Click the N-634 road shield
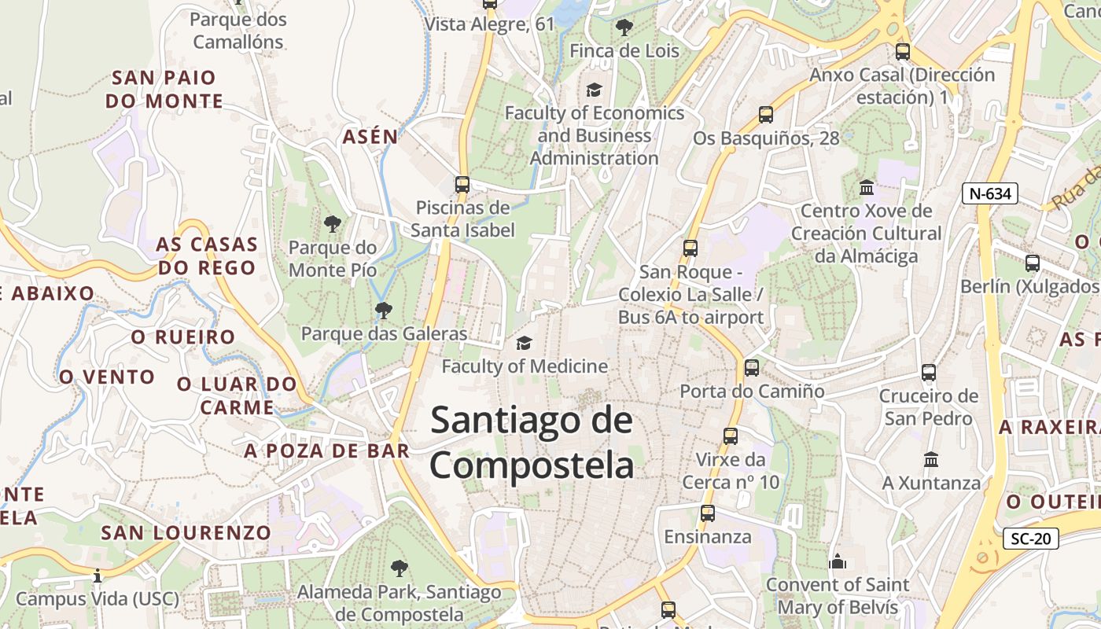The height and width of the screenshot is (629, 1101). pyautogui.click(x=990, y=193)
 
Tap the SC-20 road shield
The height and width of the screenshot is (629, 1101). pyautogui.click(x=1031, y=539)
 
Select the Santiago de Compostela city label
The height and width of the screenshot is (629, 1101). pyautogui.click(x=532, y=443)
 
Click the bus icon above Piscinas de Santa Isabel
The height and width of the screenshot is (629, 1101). pyautogui.click(x=462, y=185)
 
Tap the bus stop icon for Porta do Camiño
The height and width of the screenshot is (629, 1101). pyautogui.click(x=751, y=367)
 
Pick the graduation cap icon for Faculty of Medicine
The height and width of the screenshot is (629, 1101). pyautogui.click(x=524, y=343)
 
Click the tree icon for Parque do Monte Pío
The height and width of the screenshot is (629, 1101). pyautogui.click(x=333, y=224)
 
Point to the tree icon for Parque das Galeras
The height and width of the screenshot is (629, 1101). pyautogui.click(x=383, y=311)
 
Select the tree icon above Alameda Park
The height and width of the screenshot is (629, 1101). pyautogui.click(x=400, y=568)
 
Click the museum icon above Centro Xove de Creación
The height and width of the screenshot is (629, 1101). pyautogui.click(x=867, y=187)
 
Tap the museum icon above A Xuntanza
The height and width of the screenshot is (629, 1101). pyautogui.click(x=931, y=459)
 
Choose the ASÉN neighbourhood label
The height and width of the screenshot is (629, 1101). pyautogui.click(x=370, y=136)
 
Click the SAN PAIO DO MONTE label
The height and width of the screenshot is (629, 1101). pyautogui.click(x=164, y=90)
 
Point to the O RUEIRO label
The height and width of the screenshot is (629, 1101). pyautogui.click(x=183, y=337)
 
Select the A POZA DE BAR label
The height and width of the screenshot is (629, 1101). pyautogui.click(x=326, y=451)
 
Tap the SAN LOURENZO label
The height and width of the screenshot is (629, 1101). pyautogui.click(x=186, y=532)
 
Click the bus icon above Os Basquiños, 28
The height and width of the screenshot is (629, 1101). pyautogui.click(x=766, y=115)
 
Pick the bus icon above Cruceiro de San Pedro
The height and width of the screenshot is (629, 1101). pyautogui.click(x=929, y=372)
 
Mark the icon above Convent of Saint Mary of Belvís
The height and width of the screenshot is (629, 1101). pyautogui.click(x=838, y=561)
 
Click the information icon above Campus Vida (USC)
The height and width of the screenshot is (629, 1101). pyautogui.click(x=98, y=576)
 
